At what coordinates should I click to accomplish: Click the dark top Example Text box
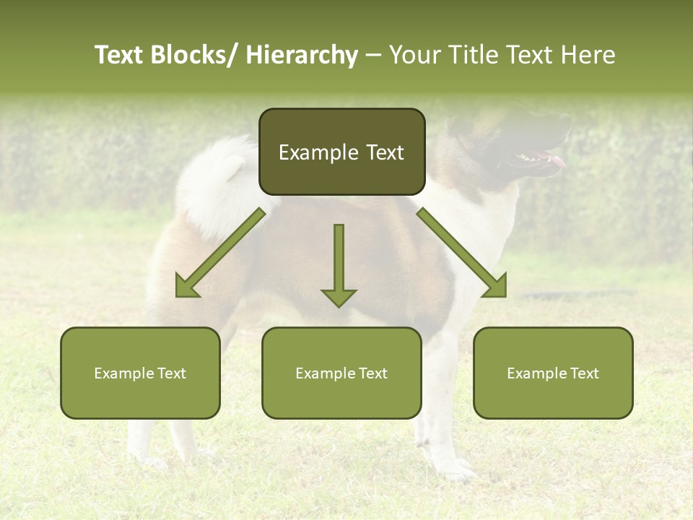pos(341,152)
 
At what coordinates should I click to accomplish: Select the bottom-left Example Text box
pos(140,373)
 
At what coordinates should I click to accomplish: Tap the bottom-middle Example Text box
pos(341,373)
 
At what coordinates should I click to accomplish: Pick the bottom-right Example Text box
pos(553,373)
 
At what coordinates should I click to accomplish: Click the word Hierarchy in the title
pos(302,55)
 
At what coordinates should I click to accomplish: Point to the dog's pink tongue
pos(557,160)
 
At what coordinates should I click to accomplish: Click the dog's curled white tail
pos(213,181)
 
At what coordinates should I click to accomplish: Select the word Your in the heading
pos(415,55)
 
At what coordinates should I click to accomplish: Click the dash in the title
pos(373,56)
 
